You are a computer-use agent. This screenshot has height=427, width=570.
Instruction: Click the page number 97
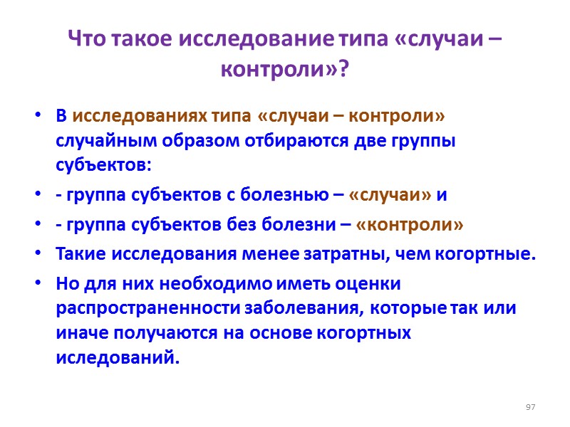[530, 406]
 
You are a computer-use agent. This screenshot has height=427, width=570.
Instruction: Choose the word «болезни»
[297, 226]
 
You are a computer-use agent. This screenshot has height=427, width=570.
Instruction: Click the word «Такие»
[79, 255]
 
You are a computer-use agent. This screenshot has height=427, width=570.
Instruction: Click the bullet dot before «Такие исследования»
[37, 255]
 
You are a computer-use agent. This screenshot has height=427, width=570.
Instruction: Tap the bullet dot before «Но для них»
[37, 285]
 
